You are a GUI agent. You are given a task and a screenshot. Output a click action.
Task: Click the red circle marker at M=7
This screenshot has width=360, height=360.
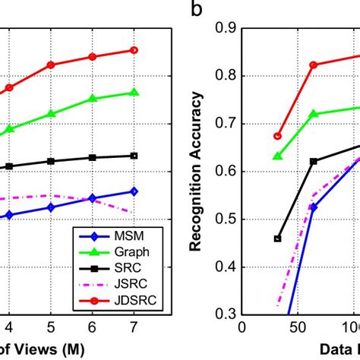134,50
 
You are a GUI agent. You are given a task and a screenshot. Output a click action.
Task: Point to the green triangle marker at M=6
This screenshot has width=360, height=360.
92,99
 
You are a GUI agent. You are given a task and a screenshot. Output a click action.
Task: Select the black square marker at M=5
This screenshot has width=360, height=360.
50,161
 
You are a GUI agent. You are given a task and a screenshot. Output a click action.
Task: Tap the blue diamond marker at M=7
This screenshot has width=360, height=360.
134,191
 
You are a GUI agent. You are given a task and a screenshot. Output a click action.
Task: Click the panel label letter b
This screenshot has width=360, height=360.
197,10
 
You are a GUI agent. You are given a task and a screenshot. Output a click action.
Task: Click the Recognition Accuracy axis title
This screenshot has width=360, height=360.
197,170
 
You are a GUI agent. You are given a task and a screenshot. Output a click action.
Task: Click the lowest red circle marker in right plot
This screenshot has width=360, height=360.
277,136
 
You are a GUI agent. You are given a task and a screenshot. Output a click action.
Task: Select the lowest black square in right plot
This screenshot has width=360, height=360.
277,238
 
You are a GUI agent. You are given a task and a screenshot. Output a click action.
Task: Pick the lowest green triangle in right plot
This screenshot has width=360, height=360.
277,156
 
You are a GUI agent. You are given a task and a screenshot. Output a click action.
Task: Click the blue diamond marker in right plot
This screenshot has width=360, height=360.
313,207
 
